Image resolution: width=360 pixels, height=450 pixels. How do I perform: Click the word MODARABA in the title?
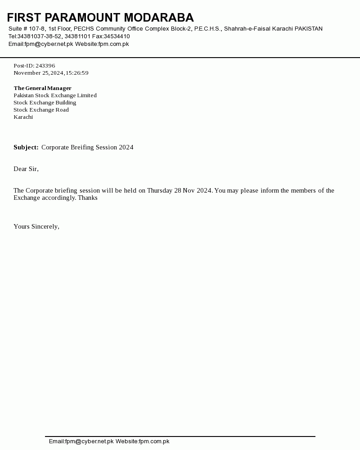pos(158,18)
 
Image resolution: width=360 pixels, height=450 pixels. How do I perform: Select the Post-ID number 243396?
pos(45,66)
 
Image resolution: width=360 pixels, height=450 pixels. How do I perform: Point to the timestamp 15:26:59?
pos(77,73)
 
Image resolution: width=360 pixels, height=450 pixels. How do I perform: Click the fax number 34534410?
pos(117,36)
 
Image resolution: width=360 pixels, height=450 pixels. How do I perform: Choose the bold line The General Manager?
pos(42,88)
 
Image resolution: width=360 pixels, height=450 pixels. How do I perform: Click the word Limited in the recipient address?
pos(86,95)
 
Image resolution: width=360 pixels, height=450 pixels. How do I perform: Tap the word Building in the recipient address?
pos(66,103)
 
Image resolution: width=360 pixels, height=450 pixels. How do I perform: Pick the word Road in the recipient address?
pos(62,110)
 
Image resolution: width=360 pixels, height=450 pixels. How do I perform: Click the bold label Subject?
pos(26,148)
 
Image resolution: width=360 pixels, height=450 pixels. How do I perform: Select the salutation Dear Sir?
pos(26,169)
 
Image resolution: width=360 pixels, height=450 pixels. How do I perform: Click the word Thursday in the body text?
pos(160,191)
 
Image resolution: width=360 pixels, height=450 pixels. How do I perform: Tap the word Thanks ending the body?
pos(88,198)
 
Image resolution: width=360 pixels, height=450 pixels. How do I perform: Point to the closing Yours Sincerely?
pos(36,227)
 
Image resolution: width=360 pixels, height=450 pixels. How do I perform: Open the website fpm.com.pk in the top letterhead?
pos(113,44)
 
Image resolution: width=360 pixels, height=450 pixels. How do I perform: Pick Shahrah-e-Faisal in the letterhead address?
pos(247,29)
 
